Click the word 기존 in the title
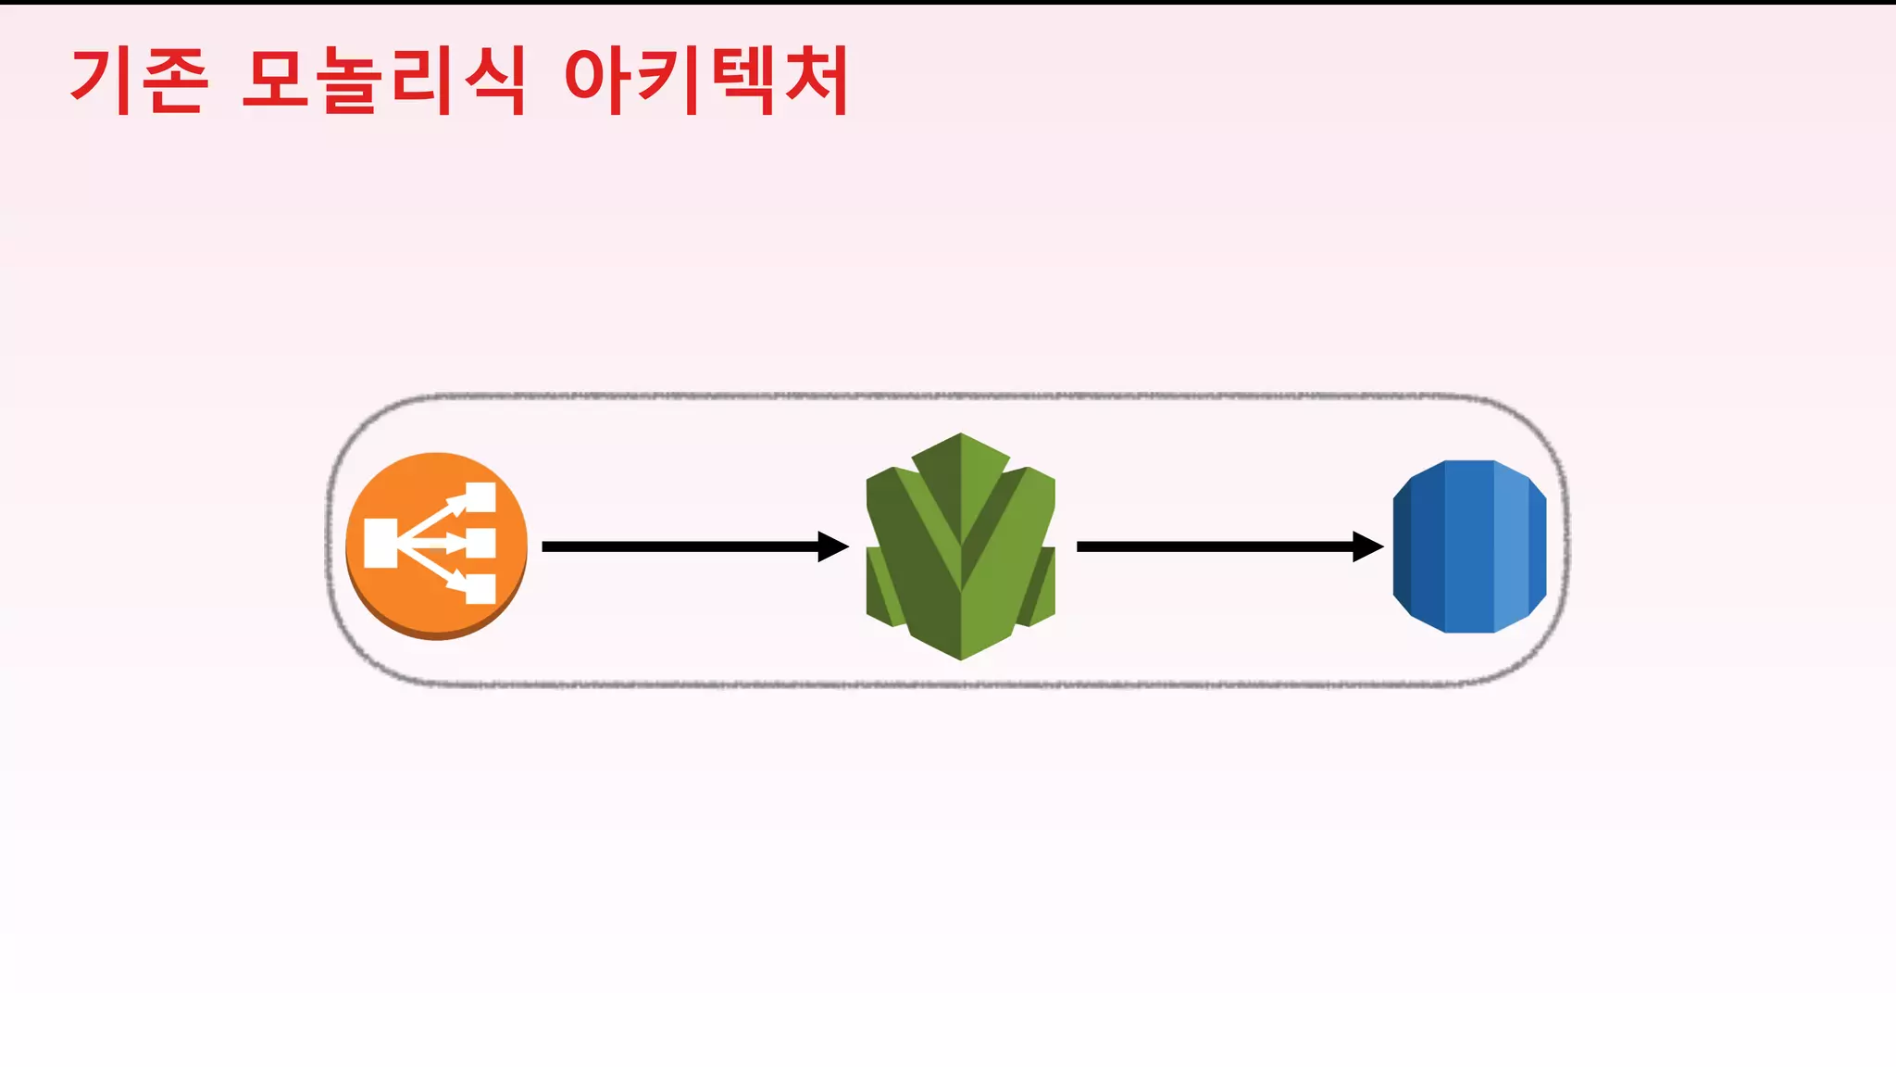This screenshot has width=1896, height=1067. pos(139,82)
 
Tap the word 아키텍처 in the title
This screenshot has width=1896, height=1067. pos(705,82)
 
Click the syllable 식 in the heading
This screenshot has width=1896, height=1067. pos(495,82)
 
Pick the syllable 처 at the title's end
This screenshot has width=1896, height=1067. pos(815,82)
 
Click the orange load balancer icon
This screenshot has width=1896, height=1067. pos(436,546)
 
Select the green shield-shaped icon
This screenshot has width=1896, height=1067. pos(960,546)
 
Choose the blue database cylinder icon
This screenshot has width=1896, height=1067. pos(1469,546)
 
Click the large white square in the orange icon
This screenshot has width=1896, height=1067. pos(380,544)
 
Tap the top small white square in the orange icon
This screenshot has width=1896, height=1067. pos(480,497)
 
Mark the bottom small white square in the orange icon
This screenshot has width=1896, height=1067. pos(480,589)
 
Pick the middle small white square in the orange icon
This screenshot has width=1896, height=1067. pos(480,544)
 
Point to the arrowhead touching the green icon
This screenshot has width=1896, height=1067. pos(832,546)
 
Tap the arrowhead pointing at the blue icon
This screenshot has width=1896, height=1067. pos(1367,546)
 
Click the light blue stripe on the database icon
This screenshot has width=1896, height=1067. pos(1512,546)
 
